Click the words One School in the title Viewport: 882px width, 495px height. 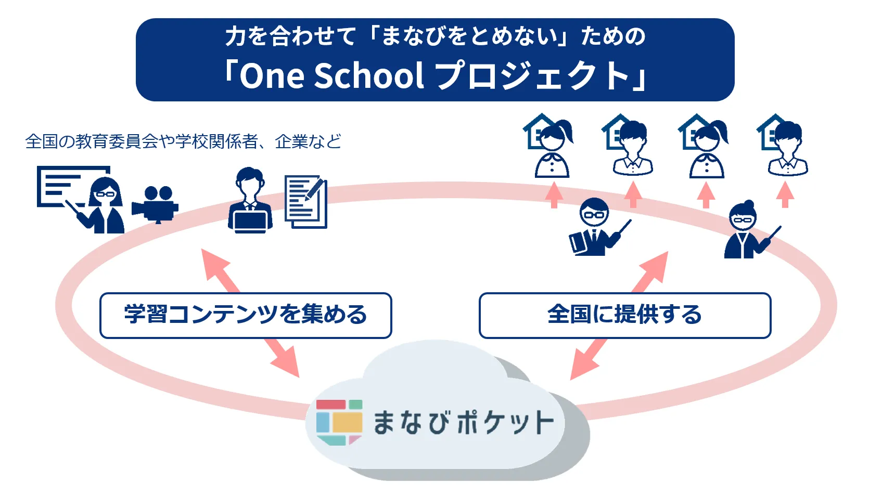pos(332,75)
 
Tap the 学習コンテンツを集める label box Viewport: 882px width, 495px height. pos(246,315)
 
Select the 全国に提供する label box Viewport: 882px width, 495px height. pos(625,315)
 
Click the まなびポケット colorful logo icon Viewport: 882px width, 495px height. pos(339,422)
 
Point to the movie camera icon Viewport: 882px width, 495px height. pos(155,205)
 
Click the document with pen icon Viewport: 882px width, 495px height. pos(306,202)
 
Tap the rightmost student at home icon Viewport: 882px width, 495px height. pos(783,145)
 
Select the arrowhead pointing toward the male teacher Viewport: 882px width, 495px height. pos(654,267)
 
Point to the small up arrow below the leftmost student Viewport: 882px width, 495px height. pos(554,195)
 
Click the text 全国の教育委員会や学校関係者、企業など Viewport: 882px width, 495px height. pos(183,141)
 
